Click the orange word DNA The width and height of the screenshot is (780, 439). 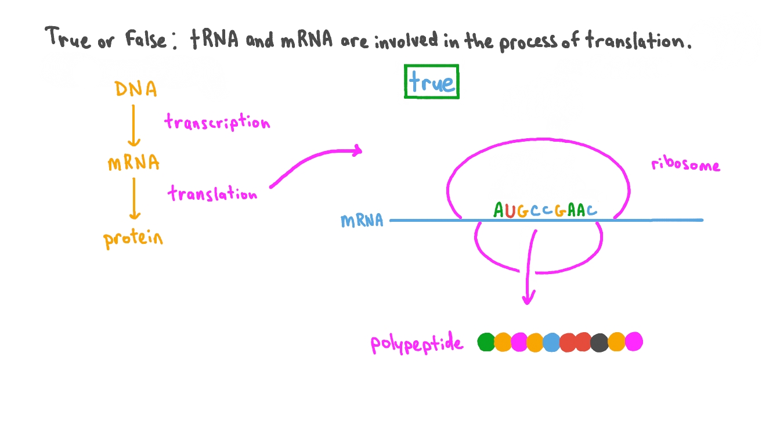coord(135,89)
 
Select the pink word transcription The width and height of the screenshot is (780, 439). coord(217,123)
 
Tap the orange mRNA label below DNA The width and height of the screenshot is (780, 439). coord(133,163)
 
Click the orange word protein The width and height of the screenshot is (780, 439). coord(133,238)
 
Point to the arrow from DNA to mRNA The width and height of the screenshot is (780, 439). coord(134,125)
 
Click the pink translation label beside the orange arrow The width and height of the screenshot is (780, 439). coord(212,193)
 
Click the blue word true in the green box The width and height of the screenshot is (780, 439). coord(431,82)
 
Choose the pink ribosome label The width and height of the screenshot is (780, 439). coord(685,165)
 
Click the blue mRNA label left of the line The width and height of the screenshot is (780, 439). coord(362,221)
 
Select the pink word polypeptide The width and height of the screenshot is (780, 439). coord(417,344)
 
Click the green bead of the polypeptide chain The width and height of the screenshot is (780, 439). coord(486,342)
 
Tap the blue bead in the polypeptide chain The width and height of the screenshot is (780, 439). coord(551,342)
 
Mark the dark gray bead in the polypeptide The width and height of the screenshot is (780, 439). coord(600,342)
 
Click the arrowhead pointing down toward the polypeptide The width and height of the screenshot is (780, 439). coord(528,299)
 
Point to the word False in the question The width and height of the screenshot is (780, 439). coord(145,39)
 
